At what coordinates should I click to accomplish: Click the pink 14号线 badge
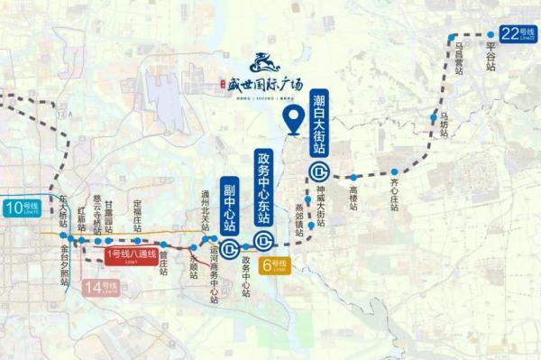click(x=102, y=289)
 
